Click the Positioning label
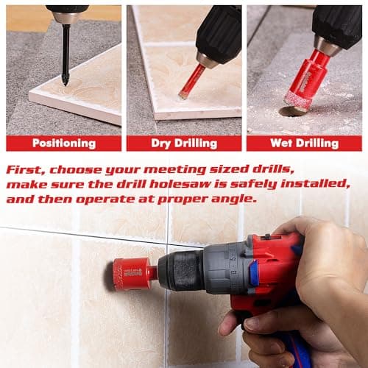tap(64, 144)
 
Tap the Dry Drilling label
tap(184, 144)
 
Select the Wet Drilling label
tap(304, 144)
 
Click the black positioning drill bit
tap(66, 55)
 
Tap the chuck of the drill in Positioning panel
tap(65, 16)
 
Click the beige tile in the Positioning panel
tap(81, 81)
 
